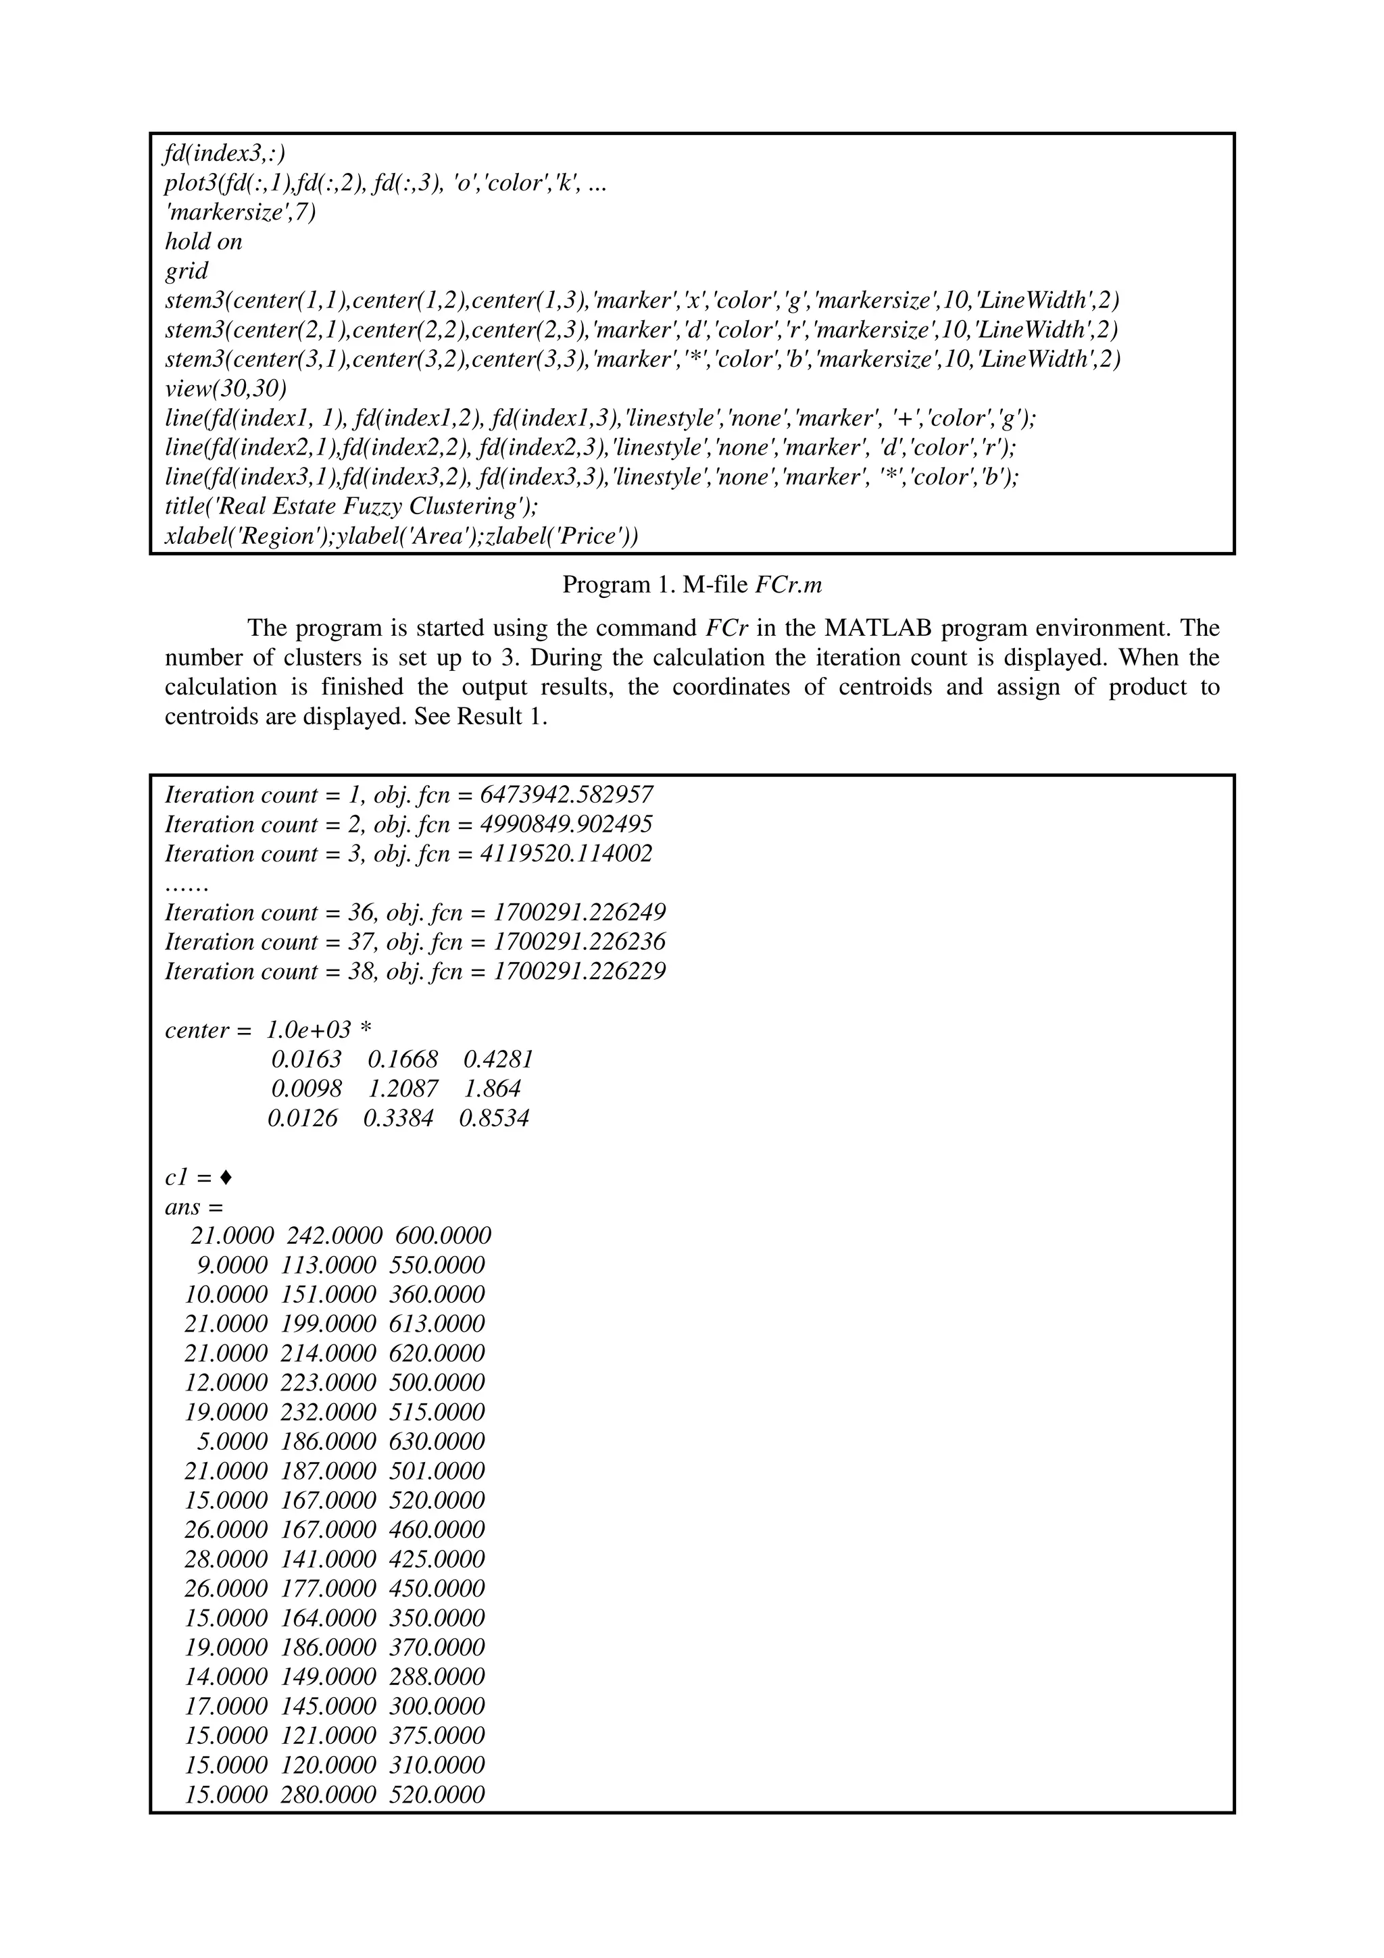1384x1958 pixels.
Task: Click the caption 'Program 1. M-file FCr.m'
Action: tap(691, 585)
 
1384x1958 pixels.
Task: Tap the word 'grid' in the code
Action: tap(186, 271)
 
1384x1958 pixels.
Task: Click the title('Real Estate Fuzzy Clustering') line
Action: tap(351, 507)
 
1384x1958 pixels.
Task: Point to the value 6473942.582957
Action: tap(567, 795)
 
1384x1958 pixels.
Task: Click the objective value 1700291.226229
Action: tap(580, 972)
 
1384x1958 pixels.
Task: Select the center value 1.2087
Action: tap(403, 1089)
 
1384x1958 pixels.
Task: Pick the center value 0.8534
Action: tap(494, 1118)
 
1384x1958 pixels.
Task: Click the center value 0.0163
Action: tap(306, 1060)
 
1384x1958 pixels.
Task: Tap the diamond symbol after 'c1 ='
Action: tap(225, 1178)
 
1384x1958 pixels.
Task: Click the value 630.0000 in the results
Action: tap(437, 1441)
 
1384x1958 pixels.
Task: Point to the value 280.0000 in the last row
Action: tap(328, 1794)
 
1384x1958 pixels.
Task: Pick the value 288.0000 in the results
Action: tap(437, 1676)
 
